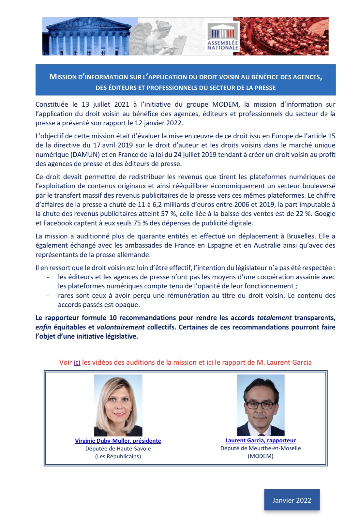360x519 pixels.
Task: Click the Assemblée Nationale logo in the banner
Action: tap(223, 37)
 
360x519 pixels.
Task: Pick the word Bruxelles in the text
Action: tap(301, 236)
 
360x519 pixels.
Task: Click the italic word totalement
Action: tap(274, 318)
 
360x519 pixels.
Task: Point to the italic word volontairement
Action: tap(121, 327)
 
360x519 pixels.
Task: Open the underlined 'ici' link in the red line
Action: tap(77, 362)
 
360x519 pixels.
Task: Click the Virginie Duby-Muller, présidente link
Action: tap(118, 441)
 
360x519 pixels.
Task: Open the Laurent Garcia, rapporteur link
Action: tap(261, 440)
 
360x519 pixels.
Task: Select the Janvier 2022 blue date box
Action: tap(292, 500)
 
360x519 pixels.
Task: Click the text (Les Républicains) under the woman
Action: tap(118, 456)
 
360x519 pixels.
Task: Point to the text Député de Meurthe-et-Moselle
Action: tap(261, 448)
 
